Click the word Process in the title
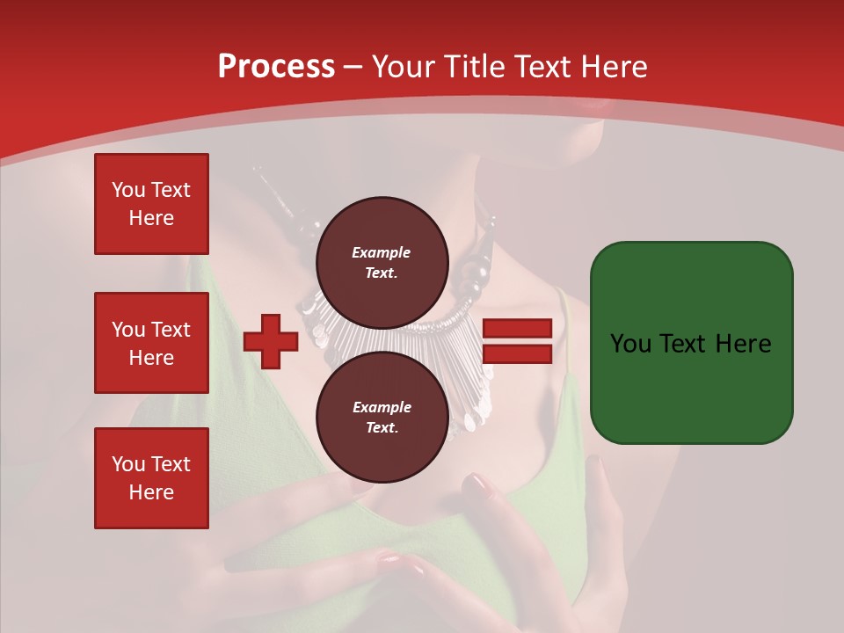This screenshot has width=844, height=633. (276, 67)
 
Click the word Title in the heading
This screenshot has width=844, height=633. (472, 67)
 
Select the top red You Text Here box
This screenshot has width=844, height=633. (151, 204)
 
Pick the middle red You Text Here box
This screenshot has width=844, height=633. (151, 343)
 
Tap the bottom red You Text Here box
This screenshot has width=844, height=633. (151, 478)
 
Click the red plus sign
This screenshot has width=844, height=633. (271, 341)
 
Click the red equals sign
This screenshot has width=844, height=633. (518, 341)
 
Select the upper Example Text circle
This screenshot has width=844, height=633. (382, 262)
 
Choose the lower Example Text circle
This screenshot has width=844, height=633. (382, 417)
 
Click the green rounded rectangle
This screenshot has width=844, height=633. (691, 342)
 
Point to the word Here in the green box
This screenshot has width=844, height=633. (743, 343)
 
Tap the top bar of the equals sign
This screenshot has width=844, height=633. (518, 328)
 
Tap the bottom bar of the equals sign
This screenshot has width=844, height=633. (518, 354)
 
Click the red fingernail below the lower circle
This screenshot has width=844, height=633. (478, 484)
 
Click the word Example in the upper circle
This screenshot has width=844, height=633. (382, 252)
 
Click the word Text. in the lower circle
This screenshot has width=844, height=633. (382, 427)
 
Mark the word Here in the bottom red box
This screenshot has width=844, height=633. (151, 492)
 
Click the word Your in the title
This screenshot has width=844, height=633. (402, 67)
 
